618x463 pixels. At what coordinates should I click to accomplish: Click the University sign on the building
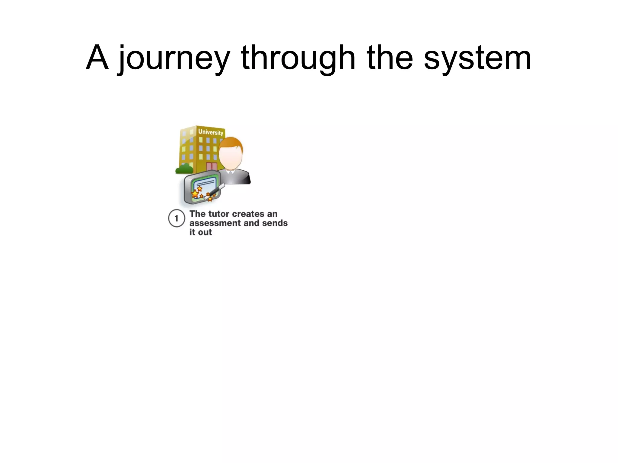(x=211, y=132)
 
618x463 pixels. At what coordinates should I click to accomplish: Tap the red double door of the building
(x=212, y=167)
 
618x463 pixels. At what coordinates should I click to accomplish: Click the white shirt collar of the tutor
(x=231, y=172)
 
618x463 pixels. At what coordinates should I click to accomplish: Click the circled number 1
(x=177, y=218)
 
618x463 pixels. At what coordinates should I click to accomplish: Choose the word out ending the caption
(x=205, y=232)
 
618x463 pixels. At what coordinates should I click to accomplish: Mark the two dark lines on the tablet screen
(x=205, y=183)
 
